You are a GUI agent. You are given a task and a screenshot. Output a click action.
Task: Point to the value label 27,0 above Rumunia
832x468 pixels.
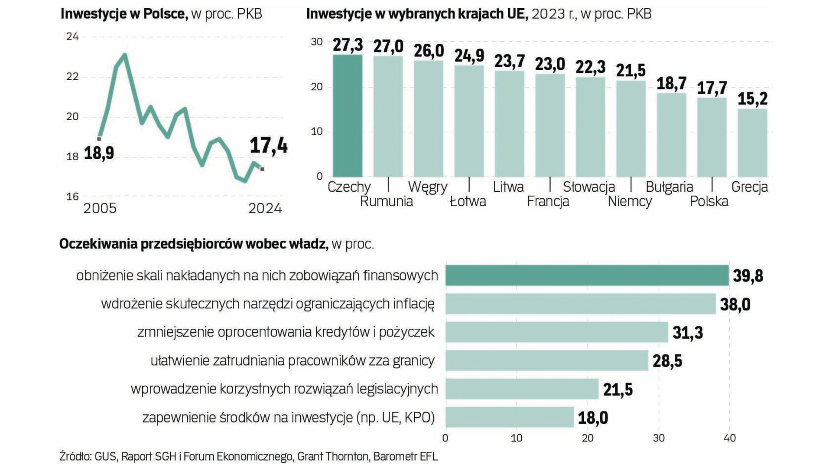(388, 46)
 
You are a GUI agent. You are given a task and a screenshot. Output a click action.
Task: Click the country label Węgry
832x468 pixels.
(427, 187)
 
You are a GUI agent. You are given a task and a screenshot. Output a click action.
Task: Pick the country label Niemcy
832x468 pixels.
(630, 201)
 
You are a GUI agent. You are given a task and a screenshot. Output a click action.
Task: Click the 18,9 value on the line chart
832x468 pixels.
(99, 153)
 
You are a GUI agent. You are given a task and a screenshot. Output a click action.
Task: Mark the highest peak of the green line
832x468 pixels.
(125, 55)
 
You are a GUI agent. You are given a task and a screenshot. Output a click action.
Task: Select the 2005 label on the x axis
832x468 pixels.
(100, 209)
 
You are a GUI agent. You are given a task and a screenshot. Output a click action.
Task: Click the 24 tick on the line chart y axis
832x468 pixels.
(72, 36)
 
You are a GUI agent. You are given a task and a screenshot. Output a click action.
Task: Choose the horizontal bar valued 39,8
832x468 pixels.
(587, 275)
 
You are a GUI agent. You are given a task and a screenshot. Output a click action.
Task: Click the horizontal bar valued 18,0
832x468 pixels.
(509, 417)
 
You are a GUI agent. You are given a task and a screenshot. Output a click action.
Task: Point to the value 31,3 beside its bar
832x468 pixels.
(688, 333)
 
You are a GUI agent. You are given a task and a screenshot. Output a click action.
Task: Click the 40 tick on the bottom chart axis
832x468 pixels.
(730, 438)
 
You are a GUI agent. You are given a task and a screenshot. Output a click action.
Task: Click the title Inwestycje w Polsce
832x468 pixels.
(124, 14)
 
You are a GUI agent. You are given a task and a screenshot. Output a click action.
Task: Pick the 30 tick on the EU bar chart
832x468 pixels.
(317, 42)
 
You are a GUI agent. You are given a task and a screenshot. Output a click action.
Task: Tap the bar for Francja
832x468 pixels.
(550, 125)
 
